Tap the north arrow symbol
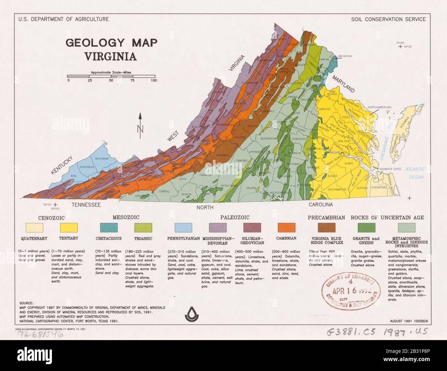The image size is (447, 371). click(140, 126)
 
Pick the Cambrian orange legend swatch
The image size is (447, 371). click(286, 227)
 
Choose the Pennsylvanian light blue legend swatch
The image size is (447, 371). click(183, 227)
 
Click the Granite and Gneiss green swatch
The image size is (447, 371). click(366, 227)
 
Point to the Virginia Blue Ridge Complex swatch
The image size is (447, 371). click(326, 227)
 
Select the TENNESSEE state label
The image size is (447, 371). click(86, 205)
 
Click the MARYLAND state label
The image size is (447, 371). click(343, 84)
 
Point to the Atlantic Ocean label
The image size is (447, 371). click(415, 172)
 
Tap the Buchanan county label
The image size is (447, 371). click(102, 159)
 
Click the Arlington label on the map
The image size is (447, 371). click(345, 56)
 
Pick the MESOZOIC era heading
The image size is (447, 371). click(126, 217)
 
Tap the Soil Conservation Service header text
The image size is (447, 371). click(388, 19)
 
